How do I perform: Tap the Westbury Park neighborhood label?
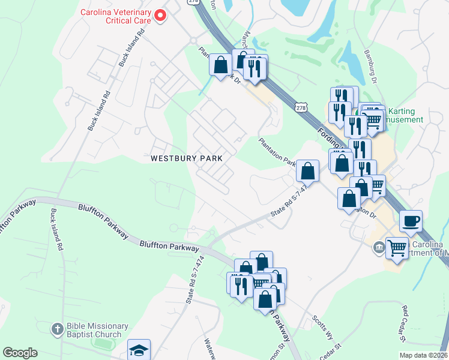187,158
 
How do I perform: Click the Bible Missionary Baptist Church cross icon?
57,329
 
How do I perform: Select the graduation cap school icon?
139,350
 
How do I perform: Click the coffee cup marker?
411,221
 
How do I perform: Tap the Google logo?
20,353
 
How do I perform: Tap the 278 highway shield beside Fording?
301,107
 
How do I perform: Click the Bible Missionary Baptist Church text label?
98,330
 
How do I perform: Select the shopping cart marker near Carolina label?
397,247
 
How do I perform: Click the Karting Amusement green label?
405,115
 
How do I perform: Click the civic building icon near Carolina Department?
379,247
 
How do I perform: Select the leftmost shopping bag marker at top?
220,64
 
